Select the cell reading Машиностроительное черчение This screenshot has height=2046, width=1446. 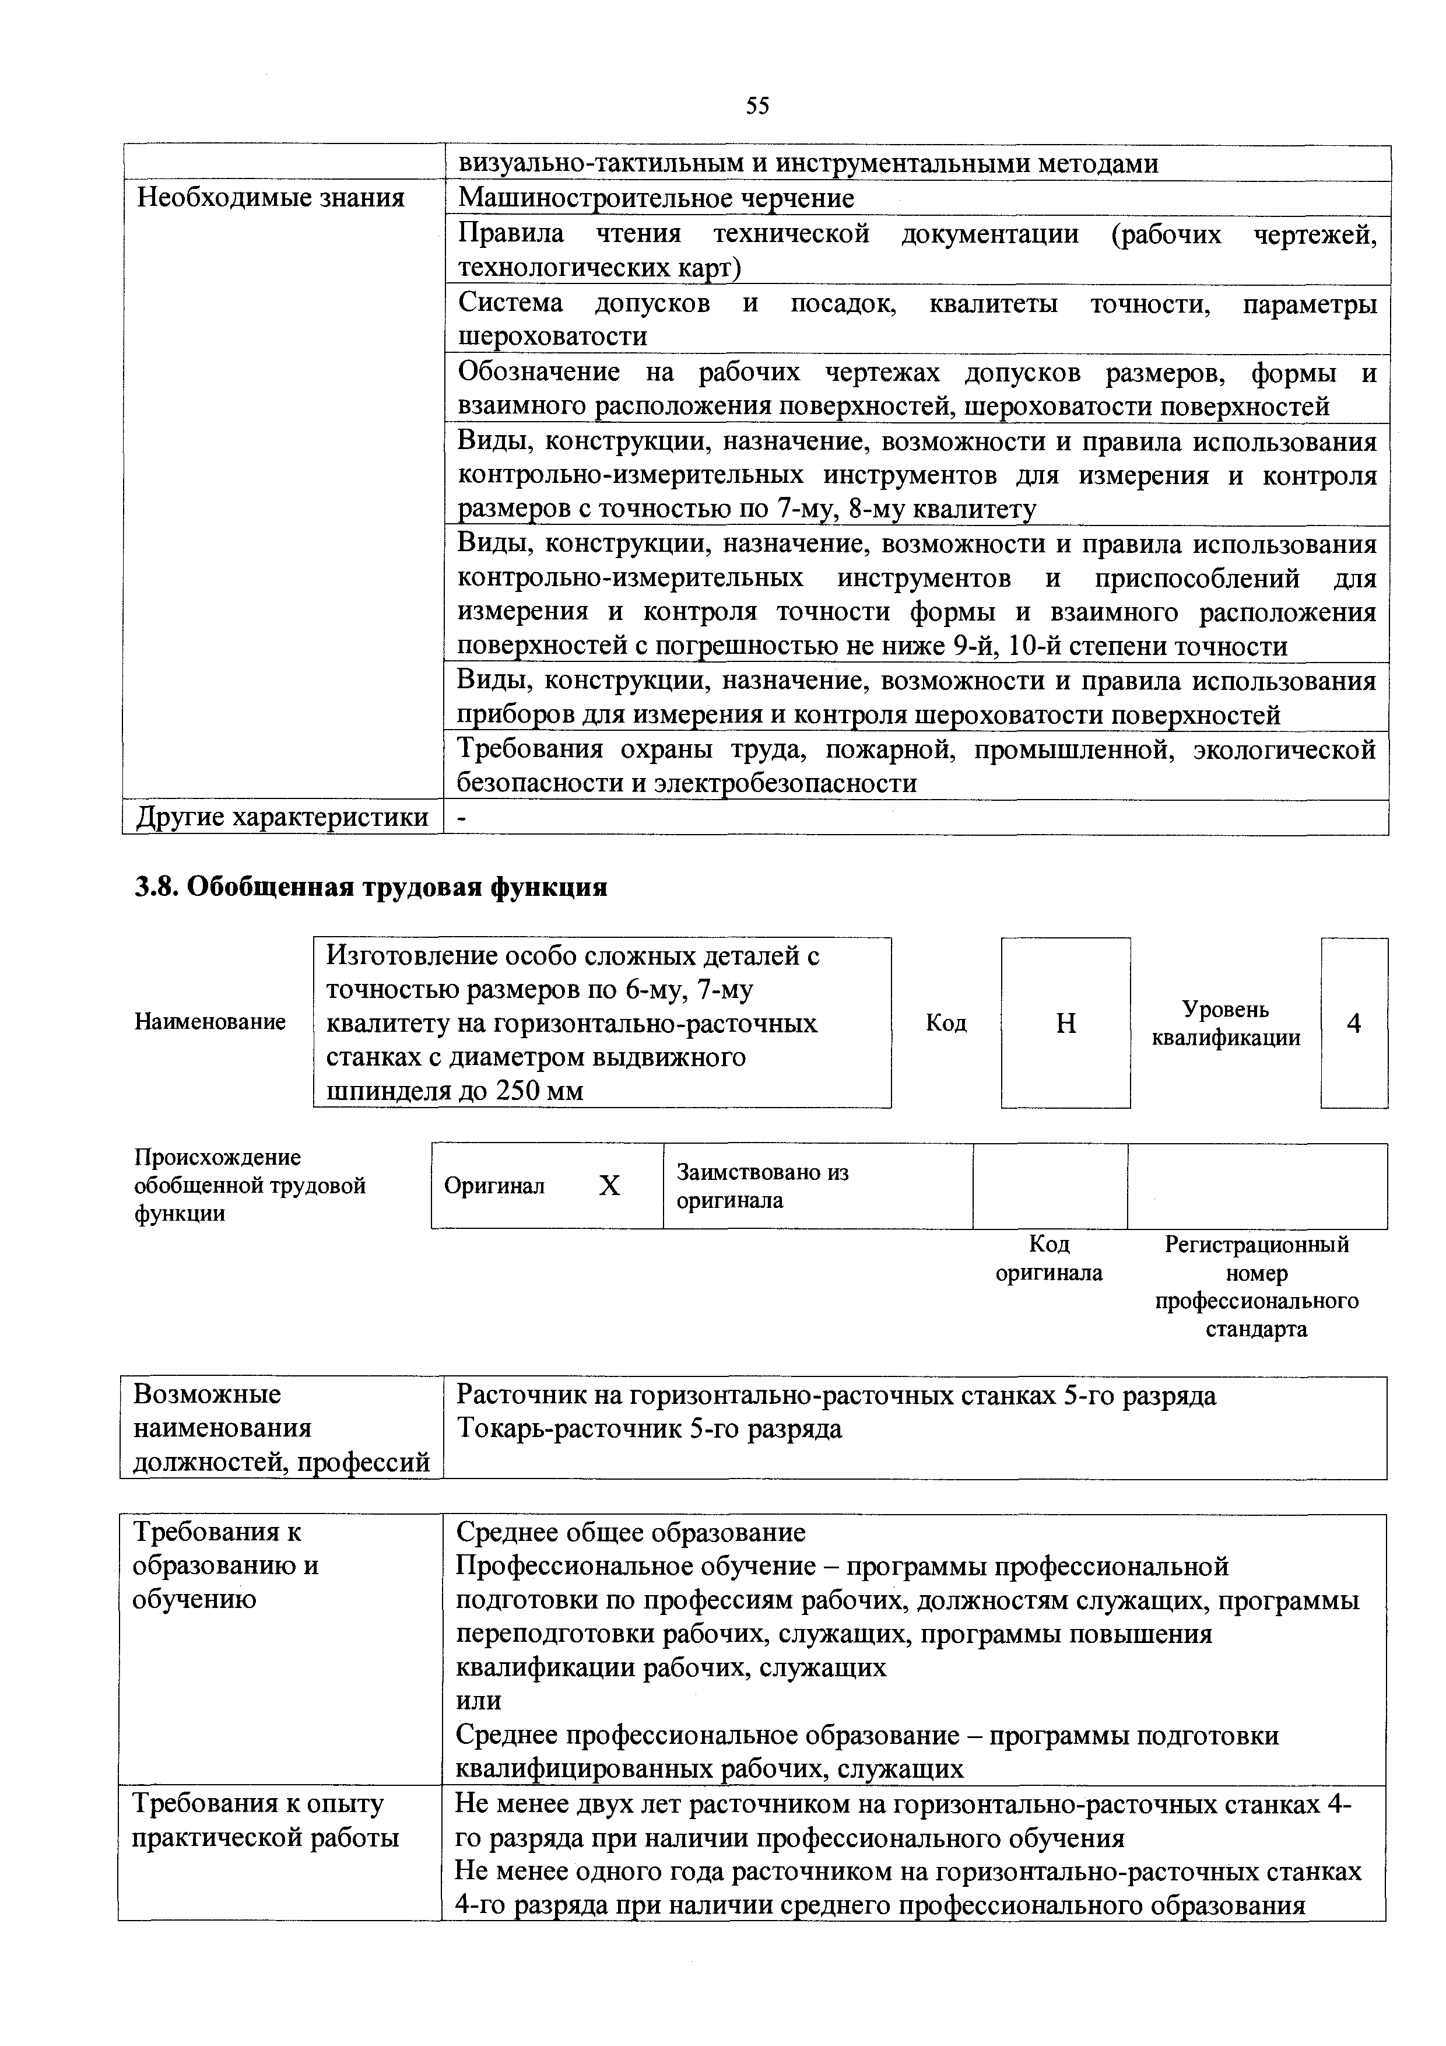point(656,198)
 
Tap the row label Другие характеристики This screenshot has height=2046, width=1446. point(282,817)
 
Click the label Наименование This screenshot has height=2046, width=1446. point(210,1021)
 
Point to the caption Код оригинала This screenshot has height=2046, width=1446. point(1048,1258)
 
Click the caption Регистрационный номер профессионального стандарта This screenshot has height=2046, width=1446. point(1257,1286)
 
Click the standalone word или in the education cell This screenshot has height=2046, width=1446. point(479,1700)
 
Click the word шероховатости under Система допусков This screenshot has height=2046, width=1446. point(552,337)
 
